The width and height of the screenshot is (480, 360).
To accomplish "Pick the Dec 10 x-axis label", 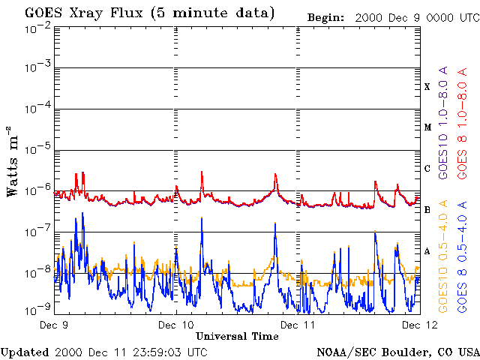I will point(176,325).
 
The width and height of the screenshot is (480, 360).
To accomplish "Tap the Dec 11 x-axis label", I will point(298,325).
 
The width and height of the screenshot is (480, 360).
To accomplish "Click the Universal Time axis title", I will point(237,336).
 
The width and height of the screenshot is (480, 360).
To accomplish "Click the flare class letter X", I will point(427,87).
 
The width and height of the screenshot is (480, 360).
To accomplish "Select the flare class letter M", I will point(427,127).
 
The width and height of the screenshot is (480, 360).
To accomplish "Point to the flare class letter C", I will point(427,169).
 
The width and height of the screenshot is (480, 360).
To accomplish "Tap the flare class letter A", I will point(427,250).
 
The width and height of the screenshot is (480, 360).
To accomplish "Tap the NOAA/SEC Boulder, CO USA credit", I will point(397,352).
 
